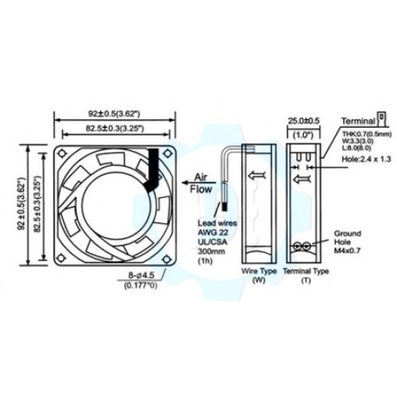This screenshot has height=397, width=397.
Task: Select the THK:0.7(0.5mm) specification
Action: (359, 132)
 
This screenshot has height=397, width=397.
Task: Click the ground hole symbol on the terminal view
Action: (303, 247)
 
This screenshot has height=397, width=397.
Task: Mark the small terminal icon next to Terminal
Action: (380, 118)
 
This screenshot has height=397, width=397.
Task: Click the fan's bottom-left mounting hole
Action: (62, 257)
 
